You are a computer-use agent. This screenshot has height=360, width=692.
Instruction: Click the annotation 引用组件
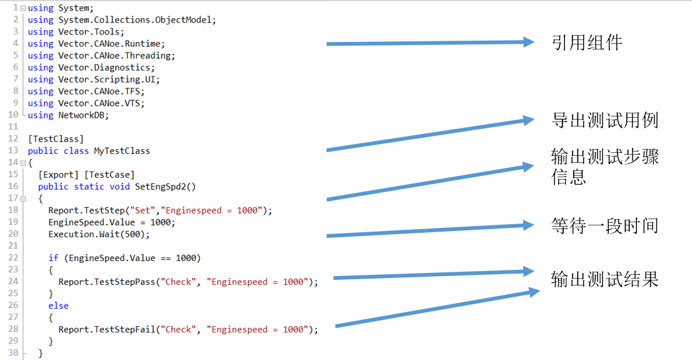coord(586,43)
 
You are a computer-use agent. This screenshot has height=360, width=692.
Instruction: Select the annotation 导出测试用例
coord(604,120)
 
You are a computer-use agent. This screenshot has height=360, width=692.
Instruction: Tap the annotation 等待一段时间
coord(604,225)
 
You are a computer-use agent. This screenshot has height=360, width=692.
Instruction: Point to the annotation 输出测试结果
coord(604,279)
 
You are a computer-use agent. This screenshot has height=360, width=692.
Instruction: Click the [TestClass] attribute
coord(56,139)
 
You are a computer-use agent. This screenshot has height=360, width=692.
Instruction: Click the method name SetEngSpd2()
coord(165,187)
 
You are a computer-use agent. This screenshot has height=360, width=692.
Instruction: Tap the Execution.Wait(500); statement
coord(99,234)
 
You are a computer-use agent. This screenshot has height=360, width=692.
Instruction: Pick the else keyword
coord(58,306)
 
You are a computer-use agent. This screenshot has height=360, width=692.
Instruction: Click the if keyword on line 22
coord(53,258)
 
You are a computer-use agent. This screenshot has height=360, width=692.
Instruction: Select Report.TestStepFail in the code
coord(109,329)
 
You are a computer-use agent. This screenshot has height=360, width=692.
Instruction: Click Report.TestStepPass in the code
coord(109,282)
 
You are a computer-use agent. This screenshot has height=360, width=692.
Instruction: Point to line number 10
coord(13,115)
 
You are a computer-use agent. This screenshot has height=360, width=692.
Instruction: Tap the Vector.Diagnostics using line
coord(91,68)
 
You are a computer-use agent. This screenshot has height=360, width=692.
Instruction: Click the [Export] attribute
coord(58,175)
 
